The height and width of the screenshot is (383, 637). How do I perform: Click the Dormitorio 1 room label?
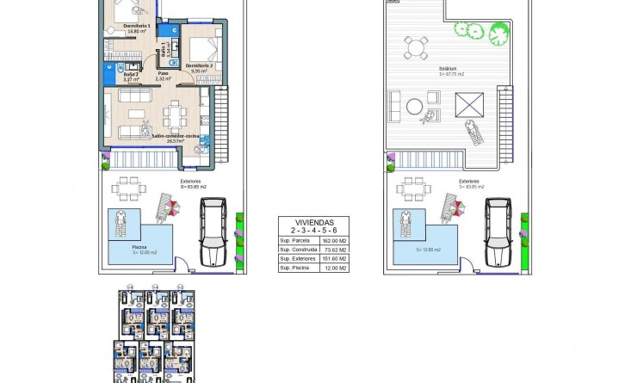click(x=137, y=26)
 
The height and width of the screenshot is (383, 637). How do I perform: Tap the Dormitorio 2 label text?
click(x=199, y=65)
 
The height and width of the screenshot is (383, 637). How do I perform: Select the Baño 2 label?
click(x=131, y=74)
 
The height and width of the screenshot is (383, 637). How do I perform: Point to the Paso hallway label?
click(x=163, y=74)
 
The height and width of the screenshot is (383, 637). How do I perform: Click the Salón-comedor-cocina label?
click(x=175, y=136)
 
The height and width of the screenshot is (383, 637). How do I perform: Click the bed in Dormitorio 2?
click(x=203, y=47)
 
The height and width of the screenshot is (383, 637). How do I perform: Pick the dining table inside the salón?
click(x=176, y=112)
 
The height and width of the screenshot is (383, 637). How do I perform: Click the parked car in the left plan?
click(x=213, y=232)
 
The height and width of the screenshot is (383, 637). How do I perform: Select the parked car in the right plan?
click(x=497, y=232)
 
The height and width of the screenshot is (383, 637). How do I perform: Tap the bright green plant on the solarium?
click(x=498, y=35)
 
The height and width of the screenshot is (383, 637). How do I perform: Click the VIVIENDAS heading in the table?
click(x=314, y=222)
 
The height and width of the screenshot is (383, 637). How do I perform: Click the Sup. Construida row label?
click(x=297, y=249)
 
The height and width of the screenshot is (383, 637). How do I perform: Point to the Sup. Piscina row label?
click(x=295, y=268)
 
